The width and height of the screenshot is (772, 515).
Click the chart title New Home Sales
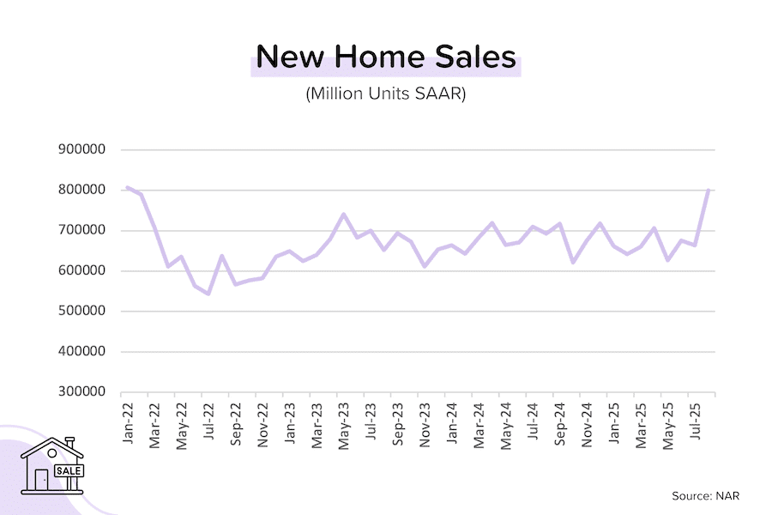click(x=385, y=58)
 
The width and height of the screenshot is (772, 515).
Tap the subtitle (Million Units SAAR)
click(x=385, y=95)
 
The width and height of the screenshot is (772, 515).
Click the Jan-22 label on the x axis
click(x=129, y=421)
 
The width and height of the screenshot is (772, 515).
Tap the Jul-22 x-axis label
click(x=209, y=421)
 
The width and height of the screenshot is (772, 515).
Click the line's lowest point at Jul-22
click(x=208, y=294)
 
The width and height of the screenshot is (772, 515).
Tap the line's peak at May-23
click(x=343, y=215)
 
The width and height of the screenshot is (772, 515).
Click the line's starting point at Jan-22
click(x=127, y=187)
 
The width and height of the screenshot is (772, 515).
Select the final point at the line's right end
click(x=709, y=190)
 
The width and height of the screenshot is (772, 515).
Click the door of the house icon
click(x=41, y=480)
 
